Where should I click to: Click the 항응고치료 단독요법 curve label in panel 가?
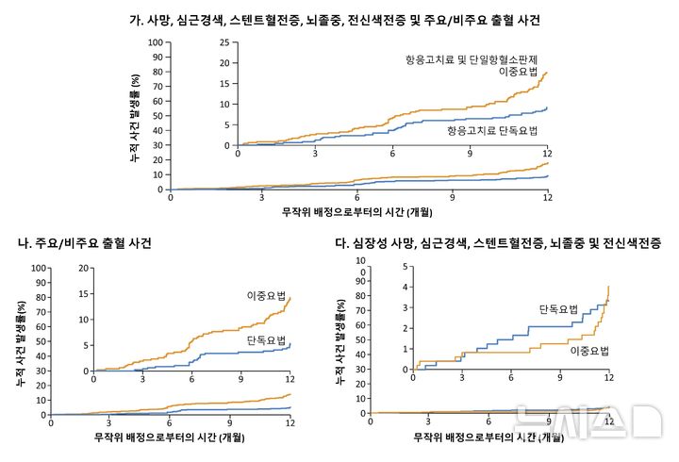pos(491,130)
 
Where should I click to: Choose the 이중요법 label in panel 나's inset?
pos(266,294)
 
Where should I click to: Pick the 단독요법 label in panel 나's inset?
pos(266,338)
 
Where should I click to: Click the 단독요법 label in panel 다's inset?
pos(558,309)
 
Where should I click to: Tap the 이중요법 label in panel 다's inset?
pos(589,351)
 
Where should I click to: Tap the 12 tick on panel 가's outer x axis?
pos(547,197)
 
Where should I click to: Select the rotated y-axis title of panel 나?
pos(22,340)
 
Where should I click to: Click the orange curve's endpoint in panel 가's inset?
pos(547,72)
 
